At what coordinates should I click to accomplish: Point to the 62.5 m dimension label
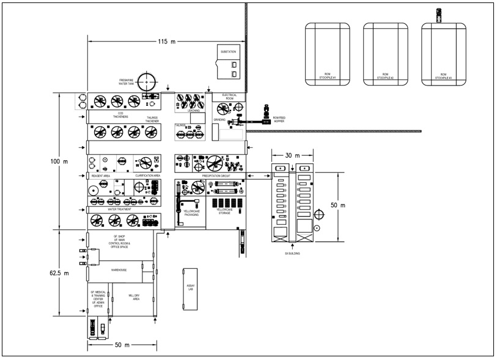coord(59,273)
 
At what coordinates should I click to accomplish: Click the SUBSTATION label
coord(228,52)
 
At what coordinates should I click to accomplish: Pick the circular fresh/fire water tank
coord(147,81)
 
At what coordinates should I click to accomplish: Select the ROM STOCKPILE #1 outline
coord(328,53)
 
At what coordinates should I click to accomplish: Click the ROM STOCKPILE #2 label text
coord(385,76)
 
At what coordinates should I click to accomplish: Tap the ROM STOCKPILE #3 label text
coord(442,76)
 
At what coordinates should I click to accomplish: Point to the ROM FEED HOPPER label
coord(279,120)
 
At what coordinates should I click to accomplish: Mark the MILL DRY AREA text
coord(135,297)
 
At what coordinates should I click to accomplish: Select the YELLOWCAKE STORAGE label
coord(225,211)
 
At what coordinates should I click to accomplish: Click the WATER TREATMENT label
coord(120,209)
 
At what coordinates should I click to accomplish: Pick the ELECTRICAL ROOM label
coord(229,97)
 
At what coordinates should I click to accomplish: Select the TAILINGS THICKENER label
coord(152,119)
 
